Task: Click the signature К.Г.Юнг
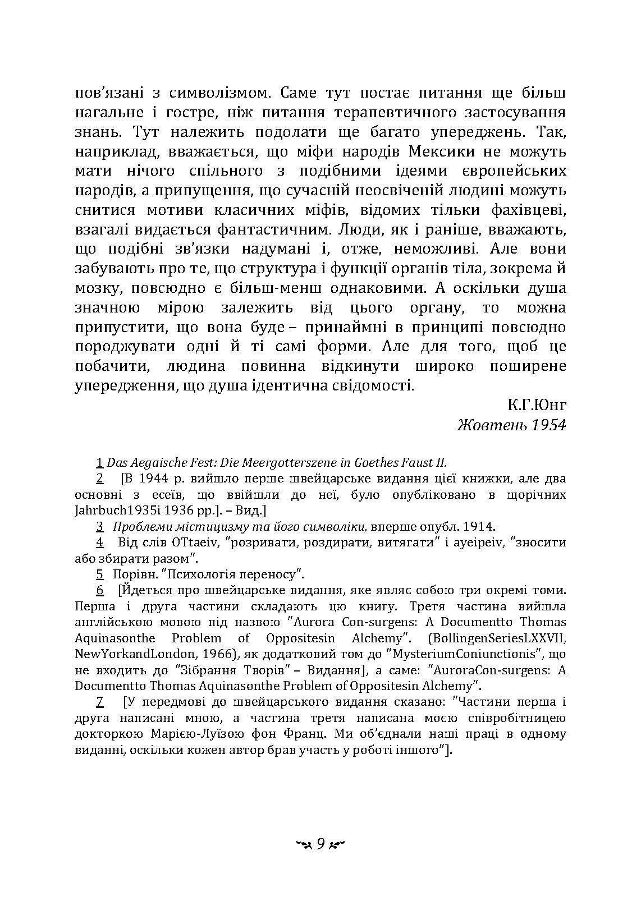tap(536, 405)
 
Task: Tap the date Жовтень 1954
tap(511, 425)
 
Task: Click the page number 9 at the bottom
tap(320, 844)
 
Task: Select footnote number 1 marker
tap(99, 463)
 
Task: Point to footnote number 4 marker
tap(99, 542)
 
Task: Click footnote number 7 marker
tap(99, 702)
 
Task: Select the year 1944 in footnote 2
tap(151, 479)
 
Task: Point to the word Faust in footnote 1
tap(416, 463)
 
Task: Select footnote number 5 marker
tap(99, 574)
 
